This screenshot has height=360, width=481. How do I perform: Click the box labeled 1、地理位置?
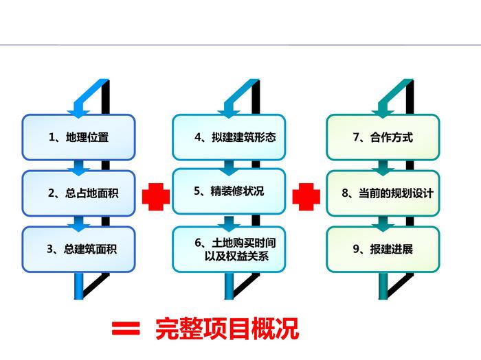(x=78, y=137)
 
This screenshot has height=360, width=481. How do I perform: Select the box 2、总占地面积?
(x=78, y=193)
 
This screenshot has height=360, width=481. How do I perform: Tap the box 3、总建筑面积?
(x=78, y=248)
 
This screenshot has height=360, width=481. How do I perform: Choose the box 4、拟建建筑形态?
(x=229, y=137)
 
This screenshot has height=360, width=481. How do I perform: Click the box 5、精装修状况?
(x=229, y=191)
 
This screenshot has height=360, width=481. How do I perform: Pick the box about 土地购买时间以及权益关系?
(x=229, y=248)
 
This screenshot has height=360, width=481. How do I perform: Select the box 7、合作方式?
(x=383, y=137)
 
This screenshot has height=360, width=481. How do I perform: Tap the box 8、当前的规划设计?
(x=383, y=193)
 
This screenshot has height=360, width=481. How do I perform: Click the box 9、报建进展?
(x=383, y=248)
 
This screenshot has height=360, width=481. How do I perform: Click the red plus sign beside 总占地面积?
(x=155, y=197)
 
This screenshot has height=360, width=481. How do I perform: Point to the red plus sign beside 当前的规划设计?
(x=306, y=197)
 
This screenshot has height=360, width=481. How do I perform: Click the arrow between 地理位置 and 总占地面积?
(x=80, y=166)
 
